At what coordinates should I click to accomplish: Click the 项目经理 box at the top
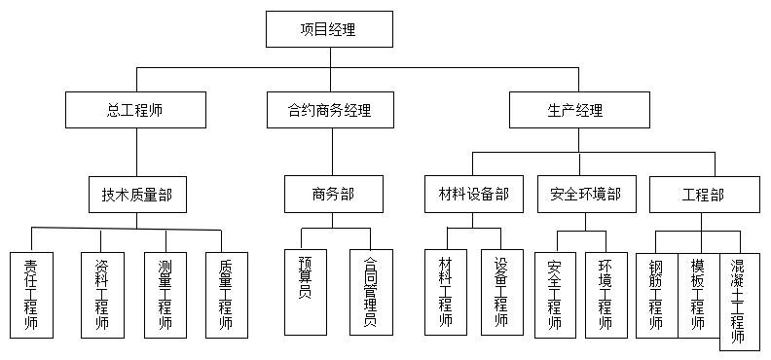(329, 29)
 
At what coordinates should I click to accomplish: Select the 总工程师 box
(136, 110)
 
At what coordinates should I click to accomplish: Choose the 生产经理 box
(578, 110)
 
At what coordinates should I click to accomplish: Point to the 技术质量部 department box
(136, 194)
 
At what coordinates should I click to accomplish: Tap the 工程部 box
(703, 194)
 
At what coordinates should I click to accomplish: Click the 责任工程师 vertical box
(31, 294)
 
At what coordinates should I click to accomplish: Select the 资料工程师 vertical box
(101, 294)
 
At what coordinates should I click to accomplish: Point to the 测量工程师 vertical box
(165, 294)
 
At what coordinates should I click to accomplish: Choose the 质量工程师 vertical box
(225, 294)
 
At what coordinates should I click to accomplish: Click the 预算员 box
(305, 292)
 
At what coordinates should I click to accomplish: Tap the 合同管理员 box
(370, 292)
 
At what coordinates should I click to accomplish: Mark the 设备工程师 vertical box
(502, 292)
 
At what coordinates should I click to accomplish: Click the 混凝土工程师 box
(739, 302)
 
